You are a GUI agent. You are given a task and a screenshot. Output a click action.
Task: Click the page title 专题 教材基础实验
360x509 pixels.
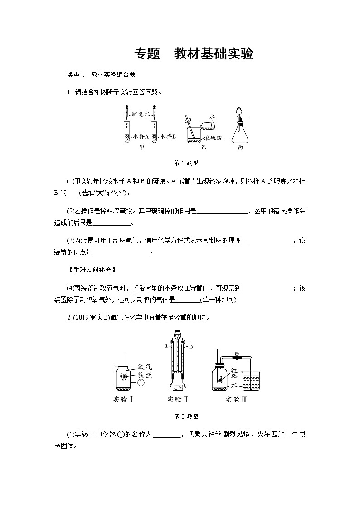pos(193,54)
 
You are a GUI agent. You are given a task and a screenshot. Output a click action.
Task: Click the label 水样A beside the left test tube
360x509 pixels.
pos(141,136)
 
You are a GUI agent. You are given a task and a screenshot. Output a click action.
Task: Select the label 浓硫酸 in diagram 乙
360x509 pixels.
pos(213,137)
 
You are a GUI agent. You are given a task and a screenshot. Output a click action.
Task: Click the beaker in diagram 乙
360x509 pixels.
pos(197,136)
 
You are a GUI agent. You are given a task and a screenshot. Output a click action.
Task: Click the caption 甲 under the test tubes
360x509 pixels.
pos(142,148)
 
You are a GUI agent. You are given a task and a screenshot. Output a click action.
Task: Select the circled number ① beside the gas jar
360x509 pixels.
pos(141,383)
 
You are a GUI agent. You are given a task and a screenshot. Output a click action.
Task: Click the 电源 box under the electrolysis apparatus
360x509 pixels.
pos(178,388)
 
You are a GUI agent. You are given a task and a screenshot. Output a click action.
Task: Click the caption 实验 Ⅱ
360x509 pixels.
pos(178,399)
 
